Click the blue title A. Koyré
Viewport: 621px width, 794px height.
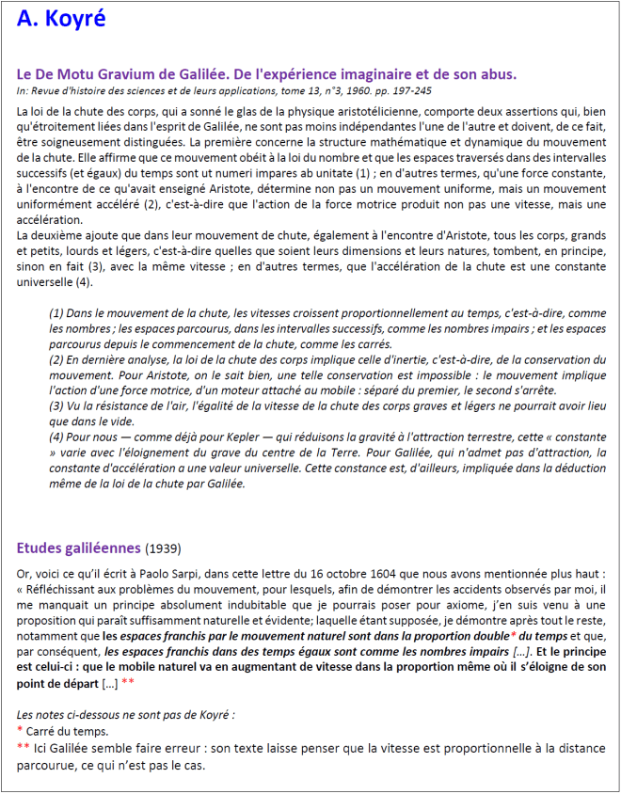(x=61, y=20)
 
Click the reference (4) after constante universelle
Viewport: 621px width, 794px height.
(x=84, y=282)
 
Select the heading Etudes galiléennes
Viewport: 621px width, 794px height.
(x=79, y=548)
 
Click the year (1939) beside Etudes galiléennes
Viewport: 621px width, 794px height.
(x=163, y=548)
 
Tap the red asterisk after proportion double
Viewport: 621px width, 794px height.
(x=500, y=635)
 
